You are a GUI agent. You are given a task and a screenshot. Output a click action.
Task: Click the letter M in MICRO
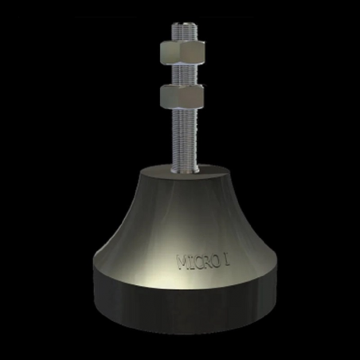[x=180, y=260]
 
